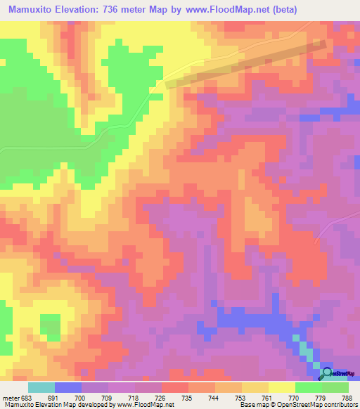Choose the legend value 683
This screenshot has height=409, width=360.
26,397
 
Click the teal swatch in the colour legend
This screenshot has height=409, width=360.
41,387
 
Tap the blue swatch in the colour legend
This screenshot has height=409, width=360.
68,387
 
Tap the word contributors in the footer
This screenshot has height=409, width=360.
338,405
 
